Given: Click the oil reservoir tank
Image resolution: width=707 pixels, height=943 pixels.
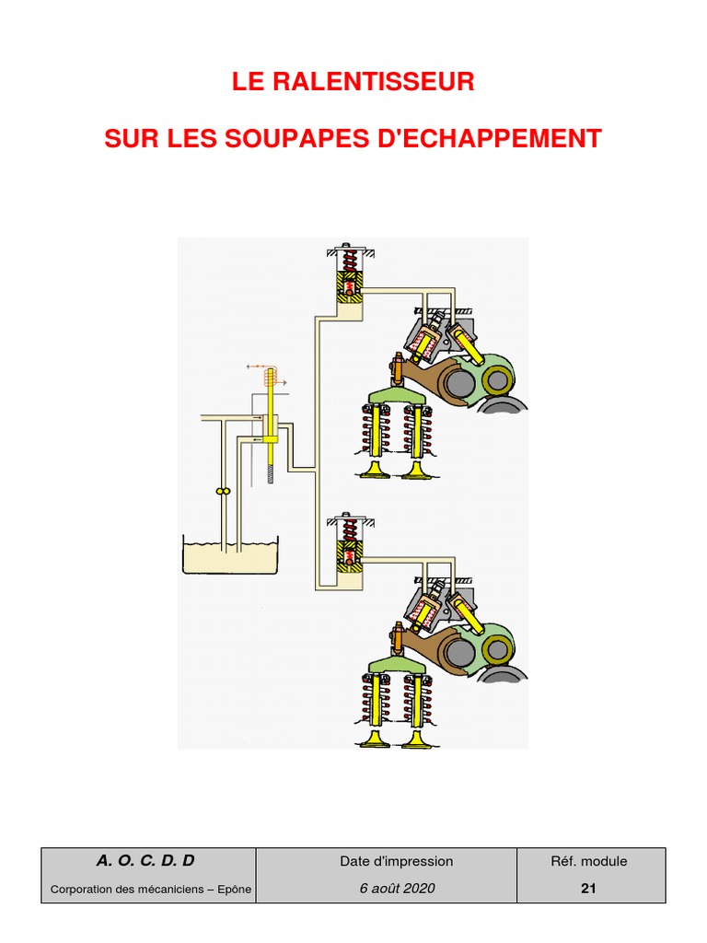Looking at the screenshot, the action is (x=230, y=556).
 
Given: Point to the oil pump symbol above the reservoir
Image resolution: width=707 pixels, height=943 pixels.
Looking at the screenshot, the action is (x=221, y=493).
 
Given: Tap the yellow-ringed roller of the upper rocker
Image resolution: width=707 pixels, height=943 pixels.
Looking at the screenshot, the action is (x=498, y=379).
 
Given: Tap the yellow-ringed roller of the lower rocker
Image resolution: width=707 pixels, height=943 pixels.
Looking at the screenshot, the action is (x=498, y=646).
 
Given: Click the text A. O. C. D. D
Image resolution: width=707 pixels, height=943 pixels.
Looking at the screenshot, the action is (x=146, y=861).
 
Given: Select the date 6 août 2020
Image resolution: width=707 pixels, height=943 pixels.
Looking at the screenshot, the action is (x=397, y=889).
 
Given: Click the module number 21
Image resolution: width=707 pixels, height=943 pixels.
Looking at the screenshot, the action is (x=589, y=889).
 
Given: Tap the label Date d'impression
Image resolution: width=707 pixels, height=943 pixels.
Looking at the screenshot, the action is (x=397, y=862).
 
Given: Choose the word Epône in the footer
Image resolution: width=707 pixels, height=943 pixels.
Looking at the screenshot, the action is (x=231, y=890).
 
